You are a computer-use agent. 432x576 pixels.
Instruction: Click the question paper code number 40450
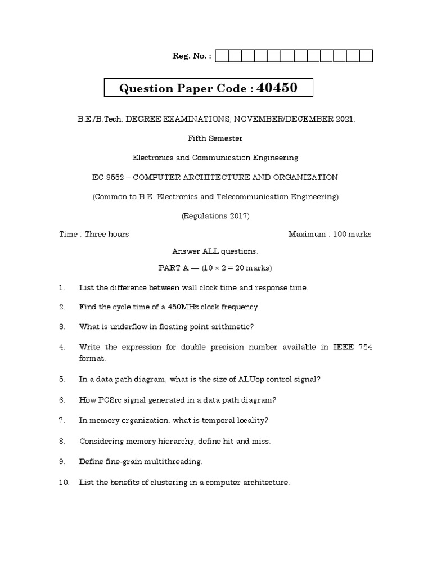pos(277,88)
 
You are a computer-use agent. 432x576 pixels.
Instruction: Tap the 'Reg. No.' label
pos(191,56)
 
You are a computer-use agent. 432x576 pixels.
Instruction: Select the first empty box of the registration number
pos(222,56)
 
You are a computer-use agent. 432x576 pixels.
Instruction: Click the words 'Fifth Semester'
pos(215,138)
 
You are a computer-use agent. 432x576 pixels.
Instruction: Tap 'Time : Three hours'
pos(94,234)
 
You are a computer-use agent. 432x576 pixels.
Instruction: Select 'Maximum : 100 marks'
pos(330,234)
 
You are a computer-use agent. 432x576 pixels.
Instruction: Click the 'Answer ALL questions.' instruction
pos(215,251)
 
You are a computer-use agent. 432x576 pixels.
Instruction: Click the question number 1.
pos(62,288)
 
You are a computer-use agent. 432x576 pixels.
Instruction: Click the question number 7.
pos(62,420)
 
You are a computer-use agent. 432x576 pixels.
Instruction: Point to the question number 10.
pos(64,483)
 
